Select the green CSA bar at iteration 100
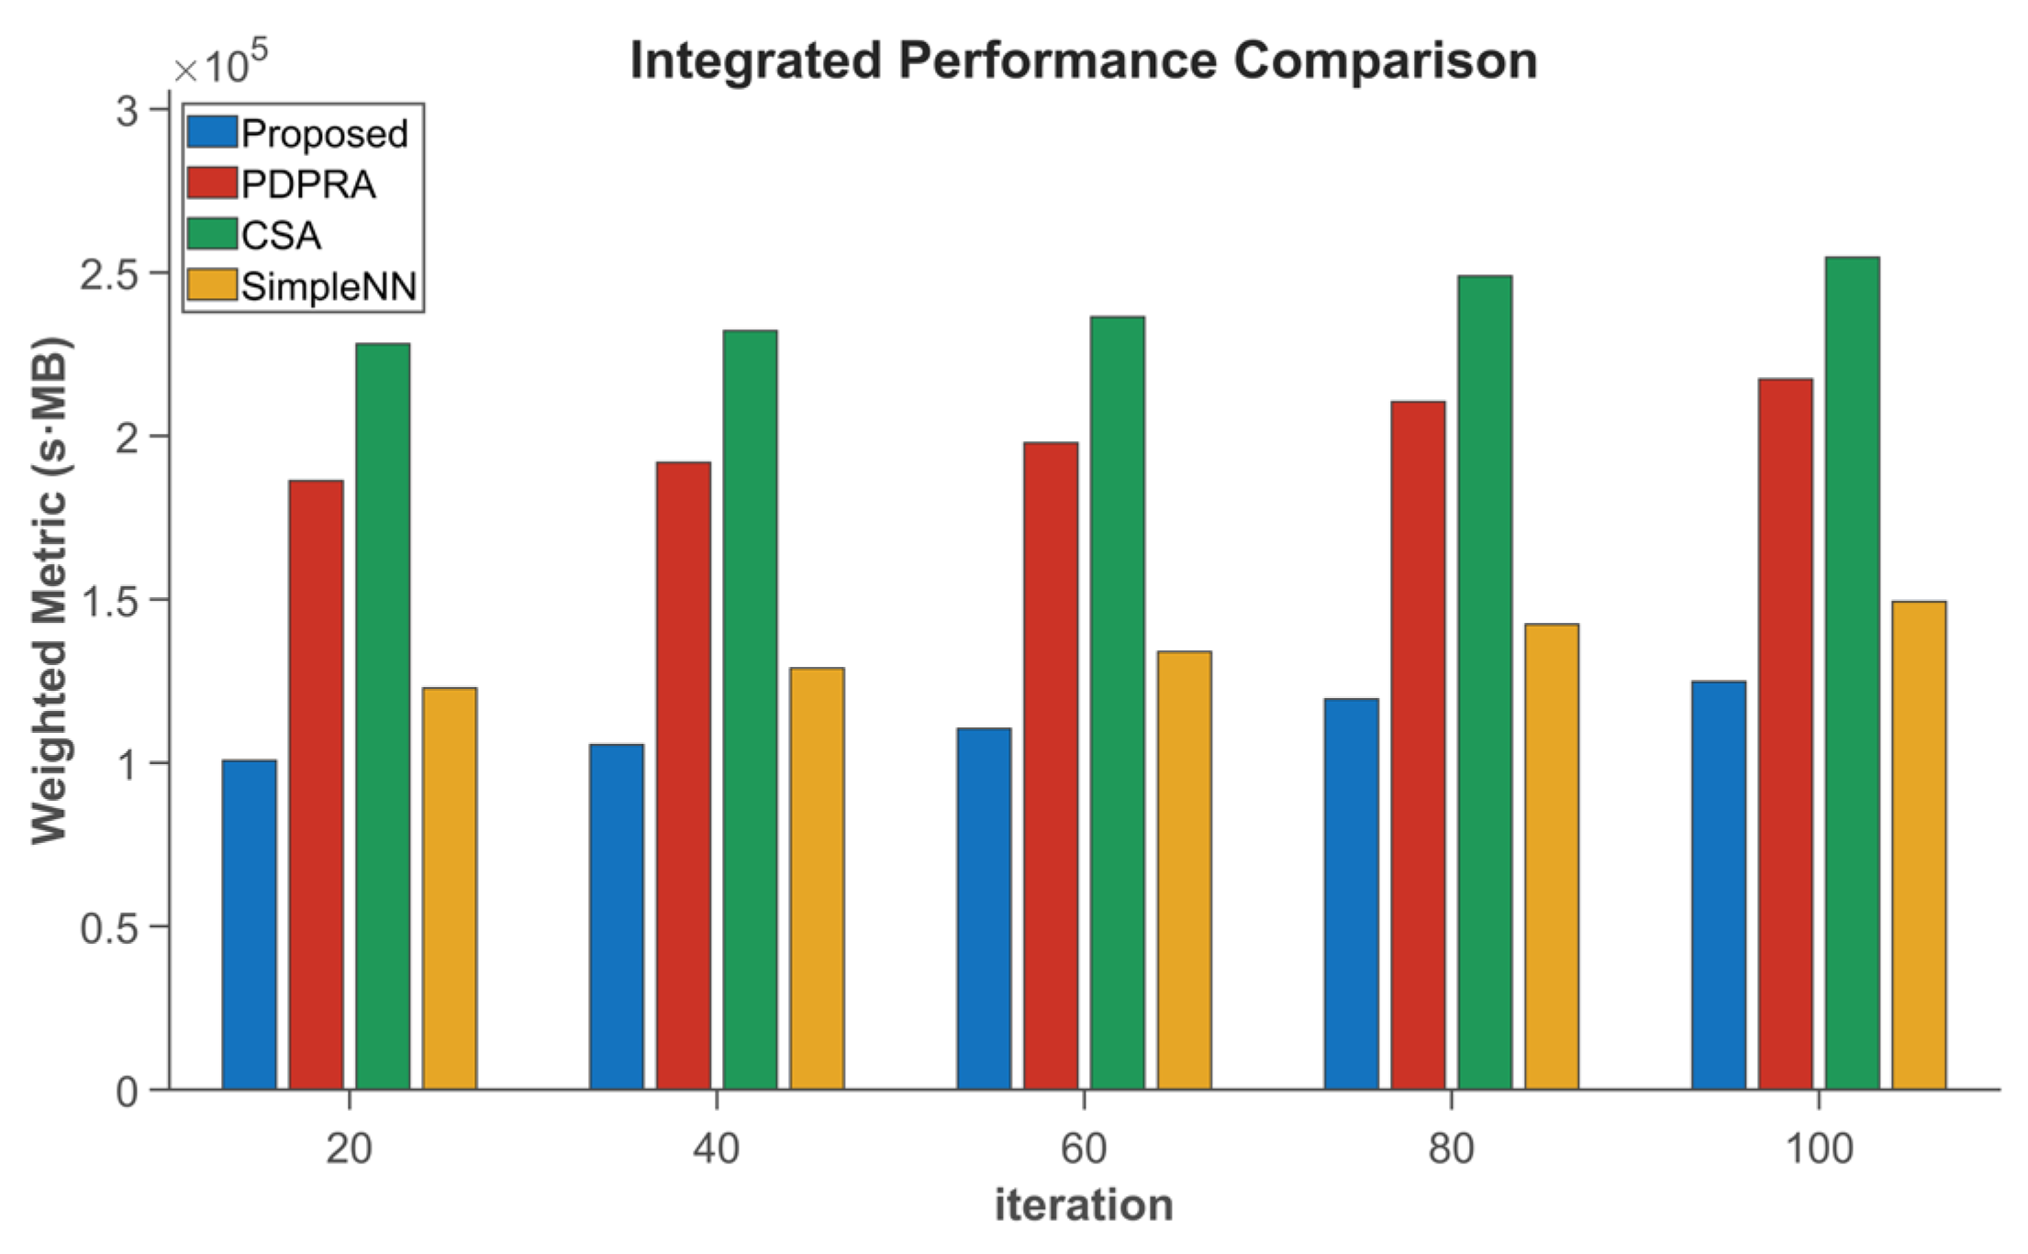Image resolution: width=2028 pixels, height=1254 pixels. click(1852, 674)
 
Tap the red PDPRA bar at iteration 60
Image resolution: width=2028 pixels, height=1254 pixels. click(1051, 766)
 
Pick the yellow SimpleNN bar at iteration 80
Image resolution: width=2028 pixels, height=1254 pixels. click(1551, 857)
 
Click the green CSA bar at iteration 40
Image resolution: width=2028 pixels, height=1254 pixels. click(750, 710)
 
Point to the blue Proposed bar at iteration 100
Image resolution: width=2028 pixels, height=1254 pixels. click(1719, 885)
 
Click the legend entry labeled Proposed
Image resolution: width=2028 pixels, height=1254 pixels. click(324, 134)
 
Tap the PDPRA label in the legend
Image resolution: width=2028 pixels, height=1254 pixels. click(308, 184)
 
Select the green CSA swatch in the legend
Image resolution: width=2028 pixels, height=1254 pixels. click(212, 234)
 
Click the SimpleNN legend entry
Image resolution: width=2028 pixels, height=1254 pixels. click(329, 286)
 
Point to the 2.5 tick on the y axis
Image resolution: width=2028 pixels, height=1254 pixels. click(108, 274)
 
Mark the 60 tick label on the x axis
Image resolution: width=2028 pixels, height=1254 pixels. click(1084, 1149)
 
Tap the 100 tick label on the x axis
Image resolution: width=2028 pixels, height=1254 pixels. click(1819, 1149)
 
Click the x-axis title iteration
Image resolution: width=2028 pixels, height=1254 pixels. click(1084, 1204)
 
